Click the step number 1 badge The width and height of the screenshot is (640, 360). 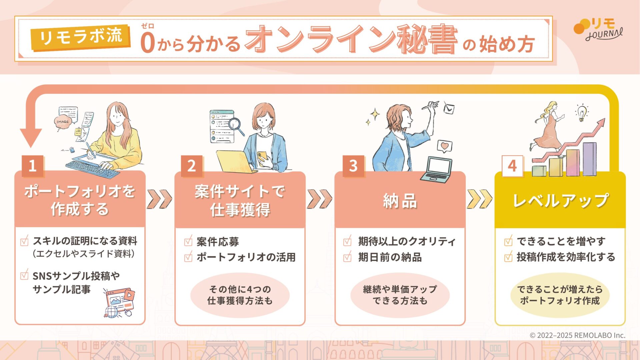(32, 166)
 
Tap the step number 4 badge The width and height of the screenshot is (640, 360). (512, 166)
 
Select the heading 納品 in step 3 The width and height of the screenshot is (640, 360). (400, 201)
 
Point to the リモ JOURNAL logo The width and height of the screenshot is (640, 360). (598, 29)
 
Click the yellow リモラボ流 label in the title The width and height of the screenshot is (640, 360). (80, 37)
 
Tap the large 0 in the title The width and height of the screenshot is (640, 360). (148, 43)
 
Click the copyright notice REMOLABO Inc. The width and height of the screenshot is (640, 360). (577, 335)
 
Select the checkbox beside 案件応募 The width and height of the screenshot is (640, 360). (188, 241)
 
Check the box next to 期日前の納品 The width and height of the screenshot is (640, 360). (347, 257)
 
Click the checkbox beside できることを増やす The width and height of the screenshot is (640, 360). (508, 241)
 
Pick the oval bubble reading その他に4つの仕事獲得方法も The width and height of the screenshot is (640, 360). (240, 295)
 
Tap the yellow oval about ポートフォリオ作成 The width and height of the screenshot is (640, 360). (560, 295)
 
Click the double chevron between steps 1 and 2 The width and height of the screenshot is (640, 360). (159, 199)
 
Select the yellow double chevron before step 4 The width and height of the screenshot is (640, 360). (479, 199)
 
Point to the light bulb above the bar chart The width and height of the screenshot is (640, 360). (582, 112)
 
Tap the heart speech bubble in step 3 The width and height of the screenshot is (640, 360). (444, 146)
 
